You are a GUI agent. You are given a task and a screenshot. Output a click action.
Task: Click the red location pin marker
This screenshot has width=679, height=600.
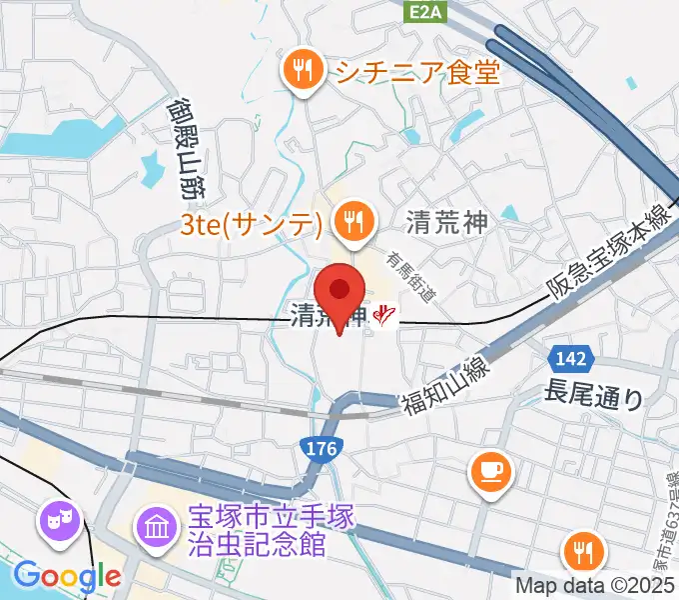[x=340, y=292]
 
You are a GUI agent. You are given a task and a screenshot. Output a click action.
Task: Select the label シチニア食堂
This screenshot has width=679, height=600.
[x=417, y=71]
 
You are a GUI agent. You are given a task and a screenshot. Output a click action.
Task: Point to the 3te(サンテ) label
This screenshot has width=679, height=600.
[x=251, y=222]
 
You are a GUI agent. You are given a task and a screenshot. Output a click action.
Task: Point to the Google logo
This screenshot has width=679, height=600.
[x=67, y=575]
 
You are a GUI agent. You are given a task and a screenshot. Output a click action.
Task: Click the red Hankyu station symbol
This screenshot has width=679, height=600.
[x=383, y=316]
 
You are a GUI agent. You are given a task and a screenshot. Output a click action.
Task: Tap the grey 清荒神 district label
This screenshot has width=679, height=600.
[x=447, y=222]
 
